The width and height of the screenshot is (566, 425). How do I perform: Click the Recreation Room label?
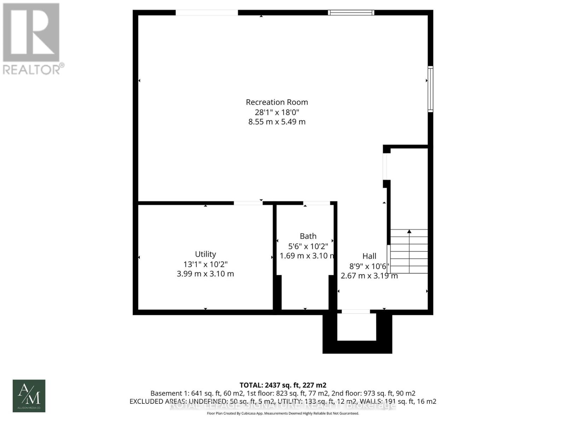pyautogui.click(x=277, y=102)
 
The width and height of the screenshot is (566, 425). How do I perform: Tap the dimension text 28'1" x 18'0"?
pyautogui.click(x=277, y=112)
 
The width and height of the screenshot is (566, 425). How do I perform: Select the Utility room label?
pyautogui.click(x=205, y=254)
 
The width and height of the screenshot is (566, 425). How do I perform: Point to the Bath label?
pyautogui.click(x=308, y=236)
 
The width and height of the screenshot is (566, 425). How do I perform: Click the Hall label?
pyautogui.click(x=369, y=256)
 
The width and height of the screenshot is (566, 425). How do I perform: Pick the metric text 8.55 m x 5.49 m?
pyautogui.click(x=277, y=122)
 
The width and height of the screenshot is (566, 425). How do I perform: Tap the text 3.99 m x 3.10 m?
pyautogui.click(x=205, y=274)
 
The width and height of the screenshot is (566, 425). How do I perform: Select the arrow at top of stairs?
pyautogui.click(x=409, y=231)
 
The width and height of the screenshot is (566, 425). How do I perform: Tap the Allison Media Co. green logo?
pyautogui.click(x=29, y=396)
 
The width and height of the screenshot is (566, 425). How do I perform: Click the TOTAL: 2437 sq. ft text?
pyautogui.click(x=283, y=385)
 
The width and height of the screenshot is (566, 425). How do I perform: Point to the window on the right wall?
pyautogui.click(x=430, y=89)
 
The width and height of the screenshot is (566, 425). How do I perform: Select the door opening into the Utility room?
pyautogui.click(x=248, y=203)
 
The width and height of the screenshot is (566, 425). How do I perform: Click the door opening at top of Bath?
pyautogui.click(x=316, y=203)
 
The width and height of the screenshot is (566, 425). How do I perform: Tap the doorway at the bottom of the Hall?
pyautogui.click(x=356, y=312)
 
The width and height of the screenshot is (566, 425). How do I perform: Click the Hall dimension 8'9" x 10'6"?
pyautogui.click(x=369, y=266)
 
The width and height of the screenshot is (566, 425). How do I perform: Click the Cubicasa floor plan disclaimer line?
pyautogui.click(x=283, y=413)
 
